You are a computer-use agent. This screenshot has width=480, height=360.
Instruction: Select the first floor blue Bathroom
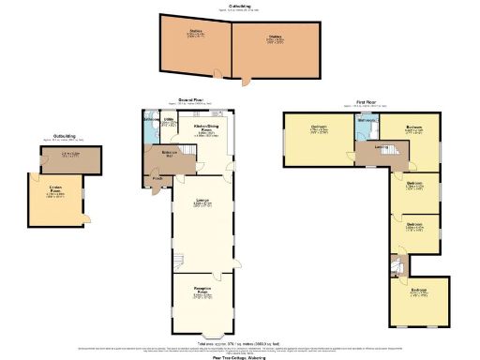point(367,126)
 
